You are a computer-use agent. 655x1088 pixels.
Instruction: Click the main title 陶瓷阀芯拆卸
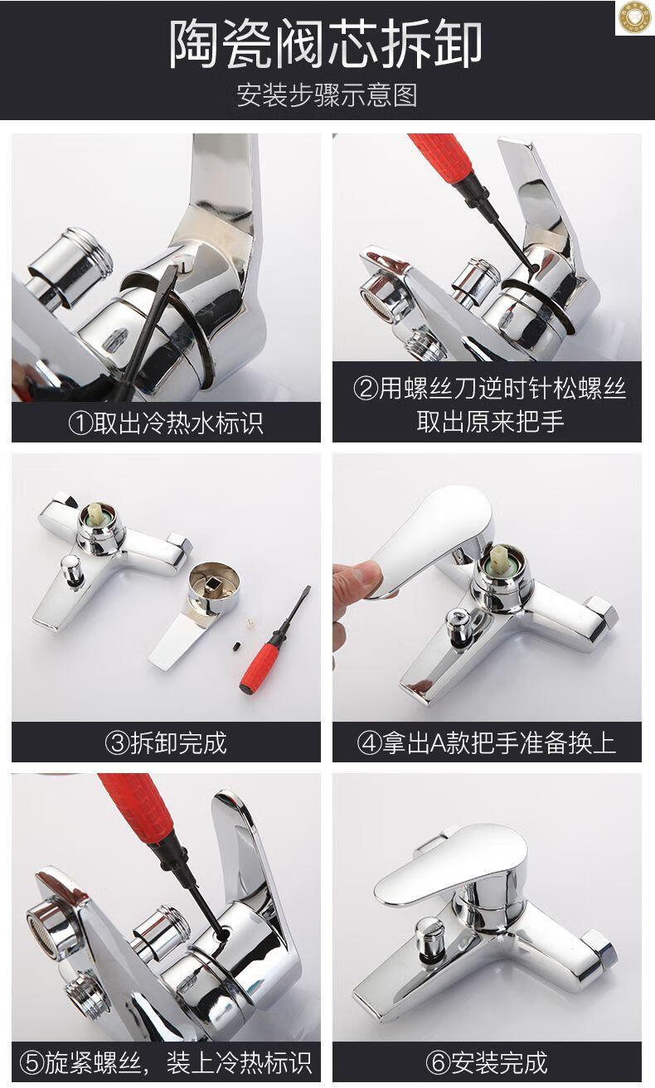(326, 44)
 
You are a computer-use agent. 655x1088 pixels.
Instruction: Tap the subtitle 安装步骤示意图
(327, 94)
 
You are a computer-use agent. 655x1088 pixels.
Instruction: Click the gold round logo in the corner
(635, 17)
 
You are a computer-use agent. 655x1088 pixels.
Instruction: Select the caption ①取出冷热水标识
(166, 423)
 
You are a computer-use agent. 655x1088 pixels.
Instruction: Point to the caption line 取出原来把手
(490, 421)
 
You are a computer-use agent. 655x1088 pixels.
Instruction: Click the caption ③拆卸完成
(166, 742)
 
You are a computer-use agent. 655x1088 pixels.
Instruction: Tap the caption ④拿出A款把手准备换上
(487, 742)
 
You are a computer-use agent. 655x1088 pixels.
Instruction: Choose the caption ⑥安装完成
(487, 1062)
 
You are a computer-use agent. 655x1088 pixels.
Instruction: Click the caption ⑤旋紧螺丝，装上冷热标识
(166, 1062)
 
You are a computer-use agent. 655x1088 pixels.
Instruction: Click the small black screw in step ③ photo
(235, 647)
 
